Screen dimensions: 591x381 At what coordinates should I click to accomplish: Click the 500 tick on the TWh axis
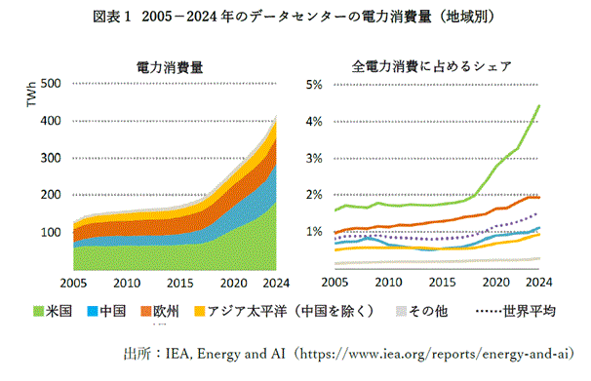[x=51, y=83]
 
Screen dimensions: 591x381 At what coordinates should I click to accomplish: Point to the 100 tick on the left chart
[x=51, y=232]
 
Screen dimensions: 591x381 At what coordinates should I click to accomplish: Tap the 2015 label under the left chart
[x=180, y=283]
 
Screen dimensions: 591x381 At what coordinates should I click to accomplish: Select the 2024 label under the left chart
[x=276, y=283]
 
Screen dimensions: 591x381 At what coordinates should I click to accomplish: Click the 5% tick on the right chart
[x=314, y=85]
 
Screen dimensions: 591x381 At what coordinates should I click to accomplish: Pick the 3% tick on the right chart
[x=314, y=158]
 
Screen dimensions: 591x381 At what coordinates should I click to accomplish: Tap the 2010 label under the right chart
[x=388, y=282]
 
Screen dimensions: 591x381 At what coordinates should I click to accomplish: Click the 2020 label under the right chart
[x=496, y=282]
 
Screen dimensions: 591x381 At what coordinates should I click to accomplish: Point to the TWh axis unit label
[x=31, y=95]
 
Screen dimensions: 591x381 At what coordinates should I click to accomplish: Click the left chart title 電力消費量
[x=170, y=67]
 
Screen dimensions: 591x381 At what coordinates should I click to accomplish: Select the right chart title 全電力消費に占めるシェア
[x=432, y=66]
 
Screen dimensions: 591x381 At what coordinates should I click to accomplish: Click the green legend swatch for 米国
[x=38, y=312]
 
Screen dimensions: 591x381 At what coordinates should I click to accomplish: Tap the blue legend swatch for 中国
[x=93, y=312]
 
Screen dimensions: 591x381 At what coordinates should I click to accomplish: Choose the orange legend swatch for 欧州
[x=146, y=312]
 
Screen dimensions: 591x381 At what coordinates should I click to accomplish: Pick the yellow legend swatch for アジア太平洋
[x=199, y=312]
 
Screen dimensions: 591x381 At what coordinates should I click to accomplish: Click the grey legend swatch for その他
[x=401, y=312]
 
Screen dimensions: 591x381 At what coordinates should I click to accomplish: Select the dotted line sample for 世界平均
[x=489, y=312]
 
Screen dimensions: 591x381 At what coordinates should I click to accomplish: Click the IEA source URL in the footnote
[x=434, y=354]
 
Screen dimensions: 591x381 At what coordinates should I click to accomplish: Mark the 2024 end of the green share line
[x=539, y=106]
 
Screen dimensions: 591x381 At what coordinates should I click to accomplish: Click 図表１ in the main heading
[x=111, y=17]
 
